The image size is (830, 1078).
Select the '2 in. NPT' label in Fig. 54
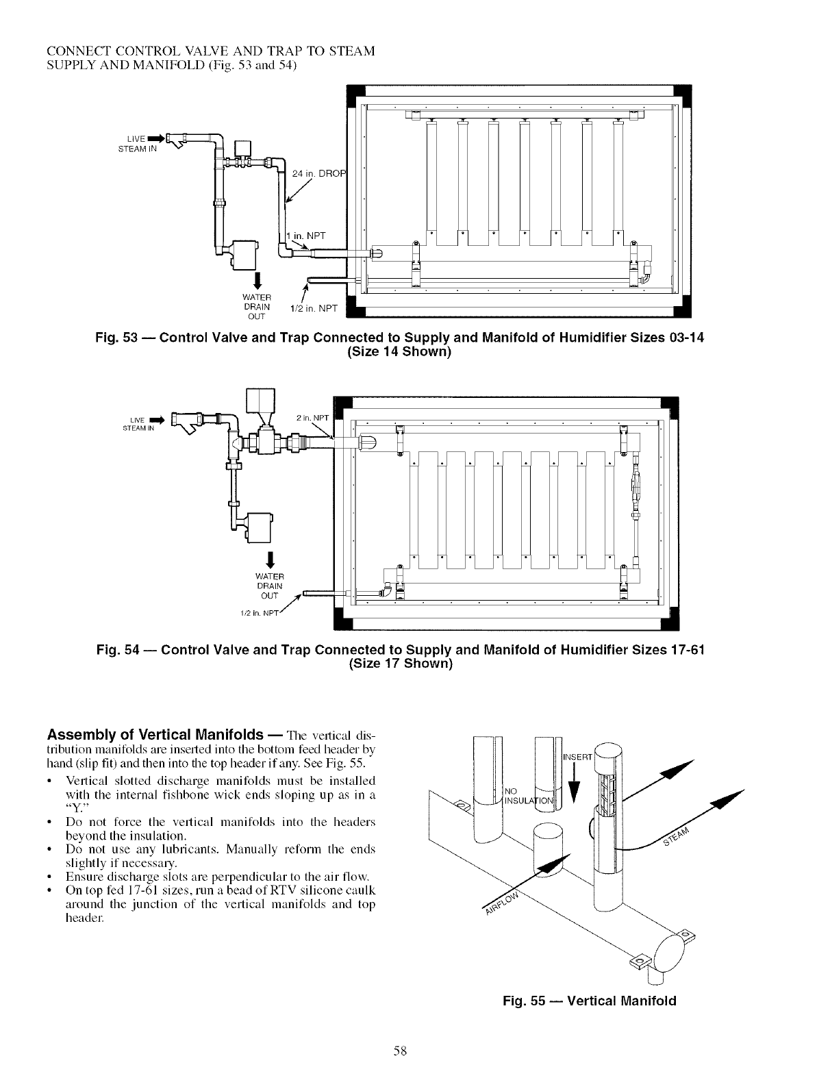(x=312, y=418)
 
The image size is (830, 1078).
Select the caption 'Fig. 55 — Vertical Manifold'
(x=589, y=1001)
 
